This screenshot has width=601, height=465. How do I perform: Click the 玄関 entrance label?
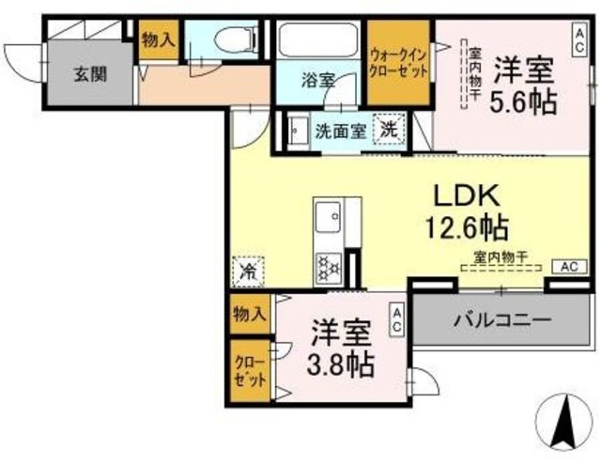(x=91, y=75)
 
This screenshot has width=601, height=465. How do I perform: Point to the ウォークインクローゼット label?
(x=398, y=62)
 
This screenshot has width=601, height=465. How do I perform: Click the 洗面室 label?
(x=339, y=132)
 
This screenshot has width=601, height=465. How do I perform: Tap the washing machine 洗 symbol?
(x=389, y=131)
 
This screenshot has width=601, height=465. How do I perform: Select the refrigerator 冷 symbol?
(x=249, y=272)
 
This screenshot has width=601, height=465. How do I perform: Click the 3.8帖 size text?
(x=341, y=363)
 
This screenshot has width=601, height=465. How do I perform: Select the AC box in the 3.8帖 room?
(x=397, y=319)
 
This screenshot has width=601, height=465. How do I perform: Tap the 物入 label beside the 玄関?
(x=157, y=40)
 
